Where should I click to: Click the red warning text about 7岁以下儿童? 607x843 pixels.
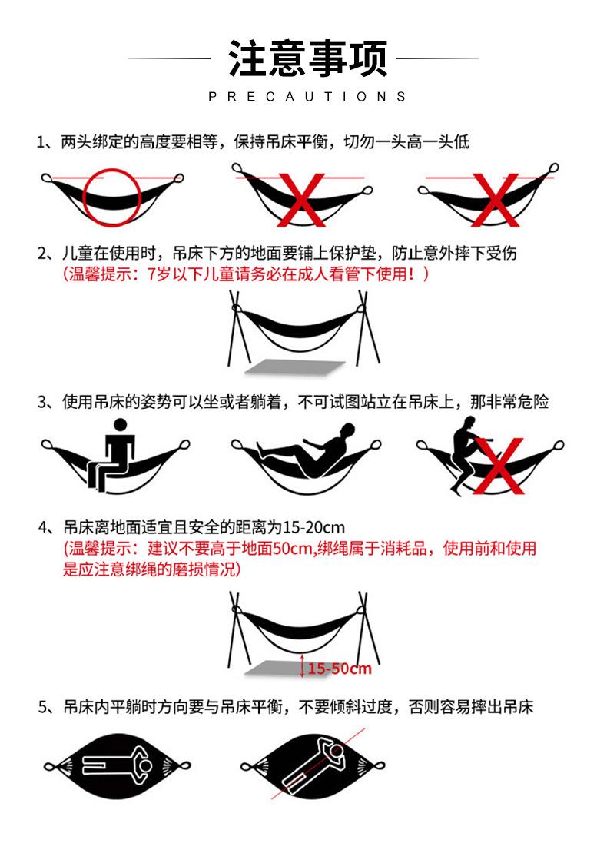pyautogui.click(x=246, y=274)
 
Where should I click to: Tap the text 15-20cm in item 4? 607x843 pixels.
pyautogui.click(x=313, y=528)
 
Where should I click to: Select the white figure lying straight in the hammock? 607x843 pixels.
pyautogui.click(x=115, y=765)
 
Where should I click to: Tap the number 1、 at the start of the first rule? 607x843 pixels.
pyautogui.click(x=47, y=143)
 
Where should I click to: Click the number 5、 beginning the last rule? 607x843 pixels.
pyautogui.click(x=47, y=708)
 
